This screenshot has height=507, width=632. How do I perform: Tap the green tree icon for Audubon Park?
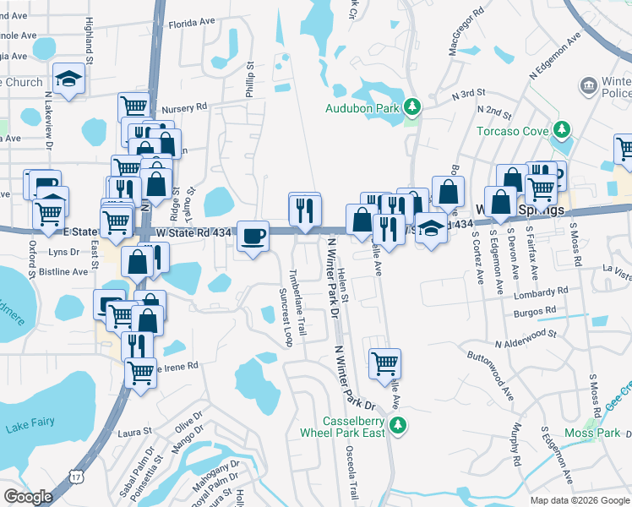[x=412, y=107]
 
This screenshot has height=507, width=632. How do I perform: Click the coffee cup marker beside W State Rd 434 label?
[x=252, y=236]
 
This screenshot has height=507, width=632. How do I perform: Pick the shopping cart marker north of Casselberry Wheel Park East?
[x=384, y=363]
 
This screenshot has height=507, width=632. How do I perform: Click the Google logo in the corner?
[x=28, y=497]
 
